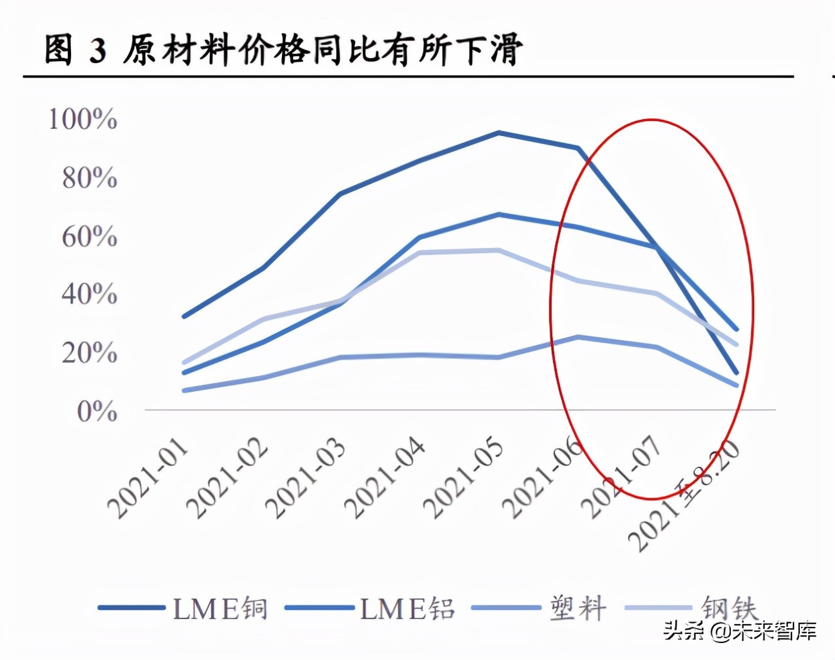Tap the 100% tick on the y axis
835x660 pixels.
pos(83,119)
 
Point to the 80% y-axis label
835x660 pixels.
pos(89,178)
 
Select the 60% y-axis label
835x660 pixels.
pos(89,236)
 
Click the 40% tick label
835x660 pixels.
pos(89,294)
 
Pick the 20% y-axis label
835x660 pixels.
pos(89,353)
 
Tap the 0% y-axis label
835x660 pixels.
pos(96,411)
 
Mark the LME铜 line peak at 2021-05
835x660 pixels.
pos(498,133)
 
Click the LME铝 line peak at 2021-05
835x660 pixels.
pos(498,214)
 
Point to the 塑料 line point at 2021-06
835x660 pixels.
pos(578,337)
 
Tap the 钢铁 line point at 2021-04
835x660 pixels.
pos(419,253)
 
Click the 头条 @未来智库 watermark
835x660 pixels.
pos(740,630)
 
